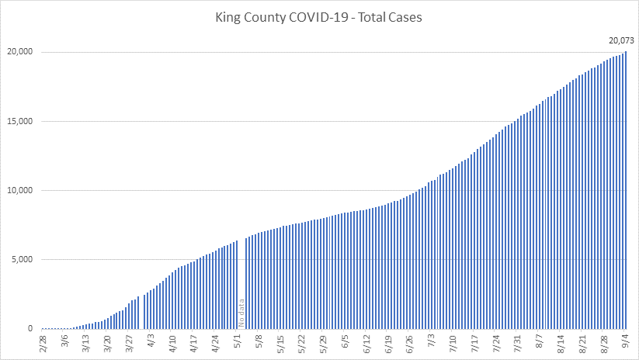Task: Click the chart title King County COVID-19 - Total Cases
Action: (x=319, y=16)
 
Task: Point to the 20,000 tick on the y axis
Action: (x=19, y=52)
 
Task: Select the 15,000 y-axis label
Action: (x=19, y=121)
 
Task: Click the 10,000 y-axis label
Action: (x=19, y=190)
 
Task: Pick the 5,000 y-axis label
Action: (x=21, y=259)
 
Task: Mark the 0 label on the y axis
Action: (x=29, y=328)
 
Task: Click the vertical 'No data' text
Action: (x=241, y=312)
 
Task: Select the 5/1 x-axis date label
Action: (x=238, y=341)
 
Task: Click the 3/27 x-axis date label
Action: (x=130, y=341)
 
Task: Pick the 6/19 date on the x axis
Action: (x=389, y=341)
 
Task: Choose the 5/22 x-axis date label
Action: (x=302, y=341)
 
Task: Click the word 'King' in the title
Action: (x=231, y=16)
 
